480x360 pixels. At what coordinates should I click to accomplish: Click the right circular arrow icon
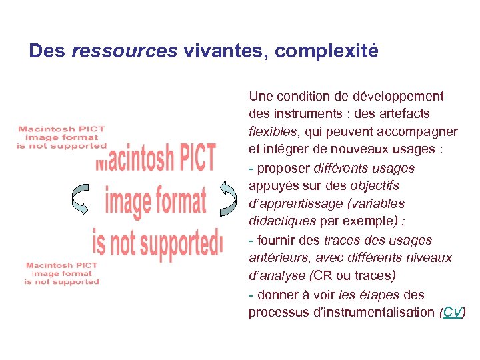coord(229,199)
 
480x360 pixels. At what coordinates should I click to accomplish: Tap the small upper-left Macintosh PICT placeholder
coord(61,137)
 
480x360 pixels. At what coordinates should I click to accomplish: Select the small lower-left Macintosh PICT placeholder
coord(61,273)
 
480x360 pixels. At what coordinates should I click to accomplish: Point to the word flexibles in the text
coord(273,131)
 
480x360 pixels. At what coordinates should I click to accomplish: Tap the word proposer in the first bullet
coord(282,168)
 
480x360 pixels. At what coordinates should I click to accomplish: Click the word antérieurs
coord(277,258)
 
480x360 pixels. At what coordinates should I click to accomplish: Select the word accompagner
coord(420,131)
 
